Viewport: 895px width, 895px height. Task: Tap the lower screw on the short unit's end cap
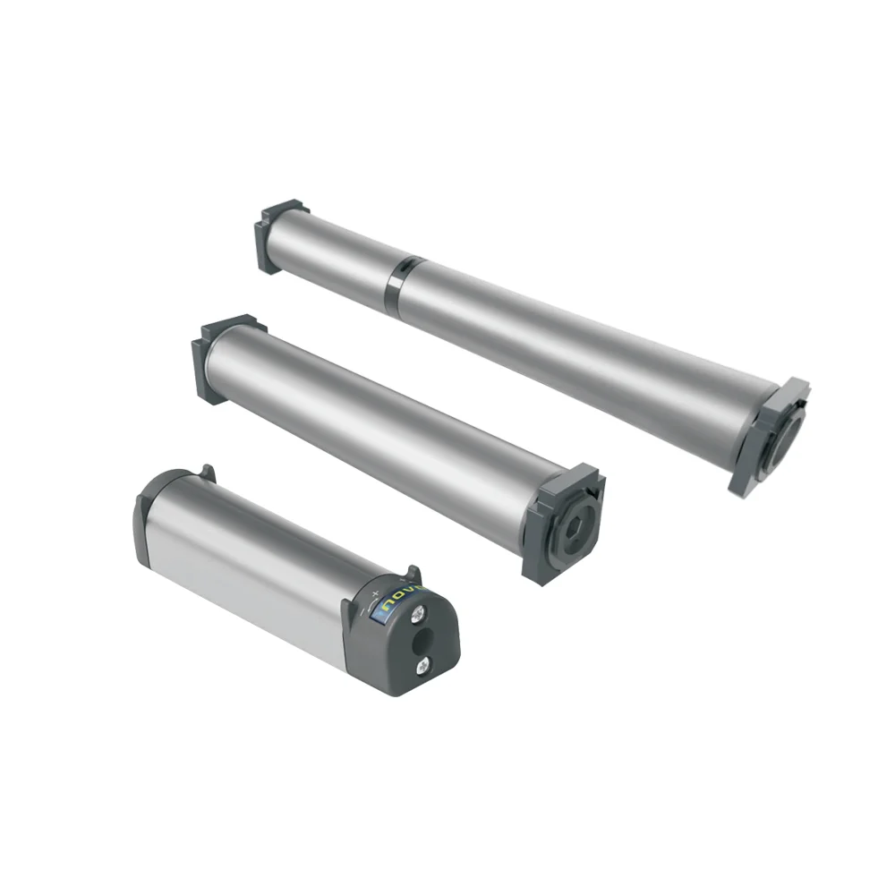pyautogui.click(x=422, y=666)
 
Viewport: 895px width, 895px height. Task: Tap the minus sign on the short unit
pyautogui.click(x=362, y=612)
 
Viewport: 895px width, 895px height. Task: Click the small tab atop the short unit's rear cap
pyautogui.click(x=207, y=471)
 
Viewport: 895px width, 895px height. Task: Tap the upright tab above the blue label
pyautogui.click(x=413, y=572)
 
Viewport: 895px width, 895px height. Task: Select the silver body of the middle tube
pyautogui.click(x=376, y=421)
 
